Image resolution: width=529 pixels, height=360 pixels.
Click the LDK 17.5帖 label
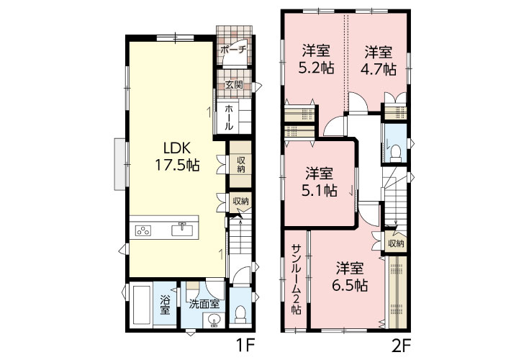tap(177, 156)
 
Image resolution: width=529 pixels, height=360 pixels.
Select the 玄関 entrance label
tap(234, 84)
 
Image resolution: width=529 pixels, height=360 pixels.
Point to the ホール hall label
tap(229, 117)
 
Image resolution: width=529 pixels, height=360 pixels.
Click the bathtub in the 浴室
tap(142, 305)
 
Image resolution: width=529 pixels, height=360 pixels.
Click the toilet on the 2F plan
tap(395, 153)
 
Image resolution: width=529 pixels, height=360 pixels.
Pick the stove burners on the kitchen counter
tap(143, 231)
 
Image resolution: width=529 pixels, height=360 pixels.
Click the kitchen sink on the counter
tap(182, 230)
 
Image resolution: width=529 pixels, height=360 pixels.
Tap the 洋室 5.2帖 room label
tap(316, 59)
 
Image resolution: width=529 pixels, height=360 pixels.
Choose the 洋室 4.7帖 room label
tap(378, 60)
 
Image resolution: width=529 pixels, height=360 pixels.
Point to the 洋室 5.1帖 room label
tap(319, 182)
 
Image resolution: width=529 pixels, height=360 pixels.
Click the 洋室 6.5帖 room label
tap(350, 277)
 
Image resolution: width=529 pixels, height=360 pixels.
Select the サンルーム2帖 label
tap(297, 279)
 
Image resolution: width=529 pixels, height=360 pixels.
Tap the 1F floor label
tap(245, 346)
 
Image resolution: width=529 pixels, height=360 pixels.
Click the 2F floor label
tap(402, 346)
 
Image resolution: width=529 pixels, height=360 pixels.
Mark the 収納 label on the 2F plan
tap(396, 243)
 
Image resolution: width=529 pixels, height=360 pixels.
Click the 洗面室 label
tap(204, 305)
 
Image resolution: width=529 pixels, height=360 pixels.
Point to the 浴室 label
tap(165, 305)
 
